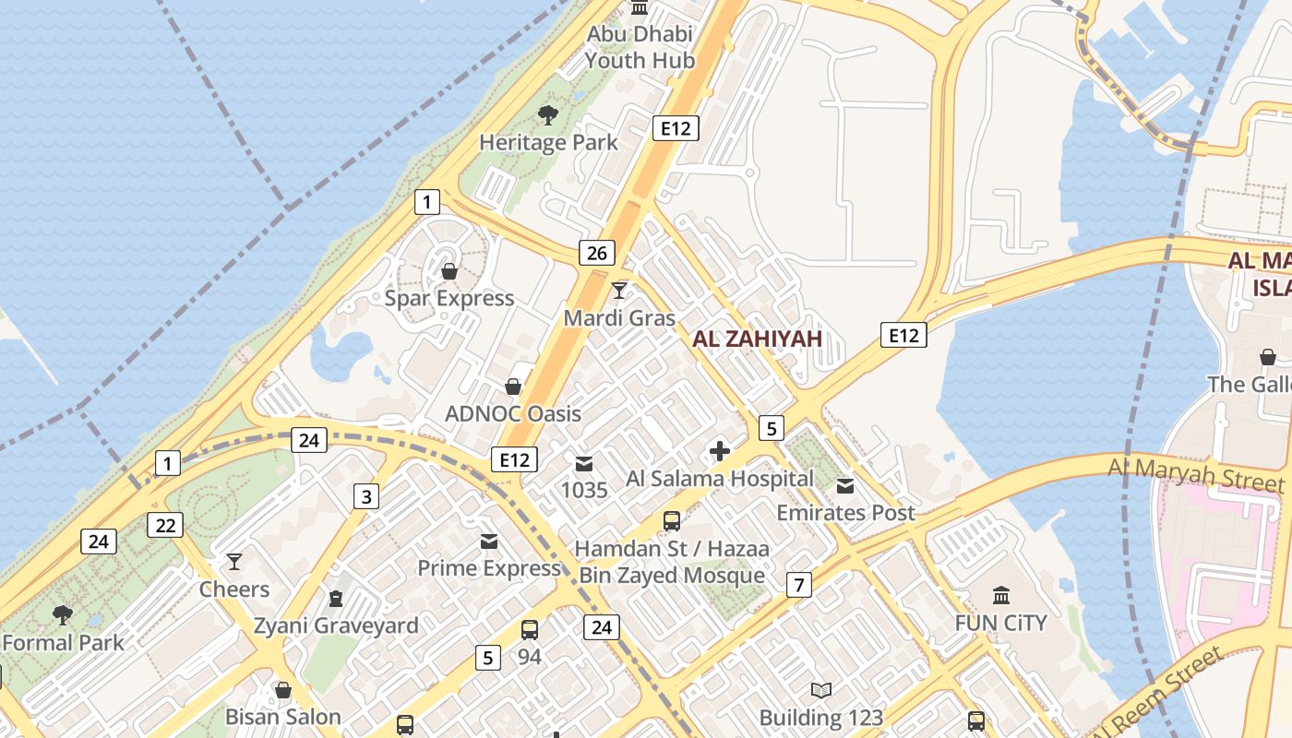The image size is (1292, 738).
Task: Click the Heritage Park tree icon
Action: pos(548,115)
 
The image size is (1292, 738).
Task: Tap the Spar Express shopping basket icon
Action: pos(449,271)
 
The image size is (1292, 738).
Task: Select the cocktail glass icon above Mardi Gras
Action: pos(619,291)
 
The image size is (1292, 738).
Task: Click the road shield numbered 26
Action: pos(597,252)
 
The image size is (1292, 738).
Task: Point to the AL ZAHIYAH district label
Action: pos(757,339)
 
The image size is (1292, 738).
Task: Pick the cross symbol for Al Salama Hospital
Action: pos(720,451)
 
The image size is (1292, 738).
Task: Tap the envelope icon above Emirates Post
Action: pos(845,486)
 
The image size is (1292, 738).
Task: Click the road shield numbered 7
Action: pos(799,584)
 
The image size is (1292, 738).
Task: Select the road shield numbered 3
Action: pos(366,497)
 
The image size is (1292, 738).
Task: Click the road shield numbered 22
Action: pos(165,525)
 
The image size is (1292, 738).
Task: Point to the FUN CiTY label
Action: pos(1000,623)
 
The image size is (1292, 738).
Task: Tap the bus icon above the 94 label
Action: pos(529,630)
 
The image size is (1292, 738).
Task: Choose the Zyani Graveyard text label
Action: pos(336,625)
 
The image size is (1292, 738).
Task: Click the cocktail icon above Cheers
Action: pos(234,562)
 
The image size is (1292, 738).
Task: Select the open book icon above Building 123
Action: pos(820,690)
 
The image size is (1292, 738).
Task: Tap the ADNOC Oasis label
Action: pos(513,413)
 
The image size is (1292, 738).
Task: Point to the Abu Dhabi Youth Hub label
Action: pos(640,47)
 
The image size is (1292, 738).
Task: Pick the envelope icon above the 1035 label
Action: pos(584,463)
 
